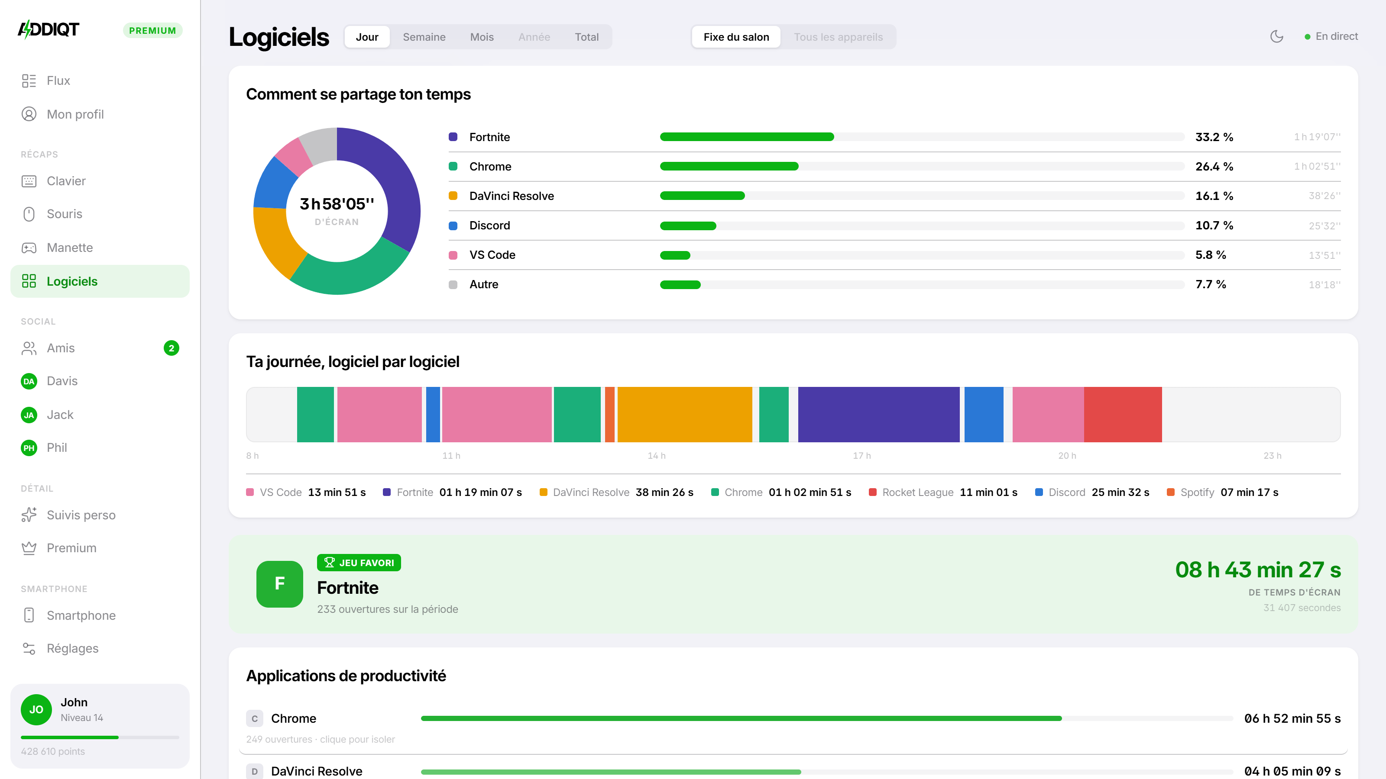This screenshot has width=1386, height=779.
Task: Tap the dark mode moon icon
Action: [1277, 36]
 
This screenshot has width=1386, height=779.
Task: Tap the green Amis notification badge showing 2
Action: [171, 348]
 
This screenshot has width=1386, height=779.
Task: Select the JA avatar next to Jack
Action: [29, 415]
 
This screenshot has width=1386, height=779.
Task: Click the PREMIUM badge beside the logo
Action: [153, 31]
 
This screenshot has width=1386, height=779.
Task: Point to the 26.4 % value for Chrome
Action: [1214, 166]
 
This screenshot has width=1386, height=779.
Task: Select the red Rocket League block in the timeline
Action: [1123, 415]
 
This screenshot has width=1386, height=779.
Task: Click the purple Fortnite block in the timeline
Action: [879, 415]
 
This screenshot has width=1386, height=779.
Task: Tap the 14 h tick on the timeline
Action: [657, 456]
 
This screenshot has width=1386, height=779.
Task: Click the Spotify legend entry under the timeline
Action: [1222, 493]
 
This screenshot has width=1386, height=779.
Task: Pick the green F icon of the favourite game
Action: [280, 584]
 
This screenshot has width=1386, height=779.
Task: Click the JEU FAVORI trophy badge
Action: [359, 562]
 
